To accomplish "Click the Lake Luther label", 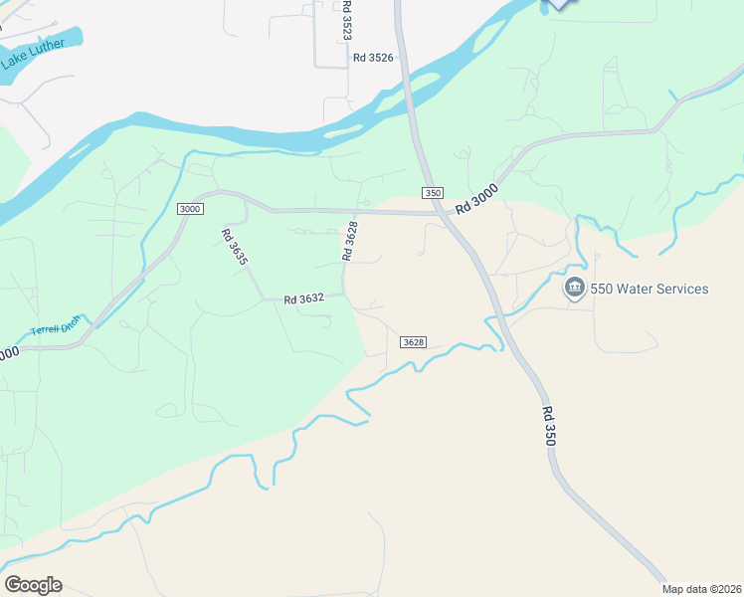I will point(33,54).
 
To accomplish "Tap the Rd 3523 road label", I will point(346,20).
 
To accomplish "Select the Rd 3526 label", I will point(373,58).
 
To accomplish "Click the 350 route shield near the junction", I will point(432,192).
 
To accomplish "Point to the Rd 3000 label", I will point(476,198).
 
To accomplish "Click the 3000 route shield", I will point(191,208).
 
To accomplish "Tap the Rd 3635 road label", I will point(234,247).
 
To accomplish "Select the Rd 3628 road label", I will point(349,240).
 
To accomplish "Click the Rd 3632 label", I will point(304,298).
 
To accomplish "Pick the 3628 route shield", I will point(414,342).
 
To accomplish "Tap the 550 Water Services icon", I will point(574,289).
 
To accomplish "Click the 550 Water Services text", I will point(650,290).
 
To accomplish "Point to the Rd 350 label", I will point(549,426).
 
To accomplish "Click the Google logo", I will point(33,585).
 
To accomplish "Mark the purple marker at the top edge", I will point(560,3).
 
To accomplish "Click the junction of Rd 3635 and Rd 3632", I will point(264,299).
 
